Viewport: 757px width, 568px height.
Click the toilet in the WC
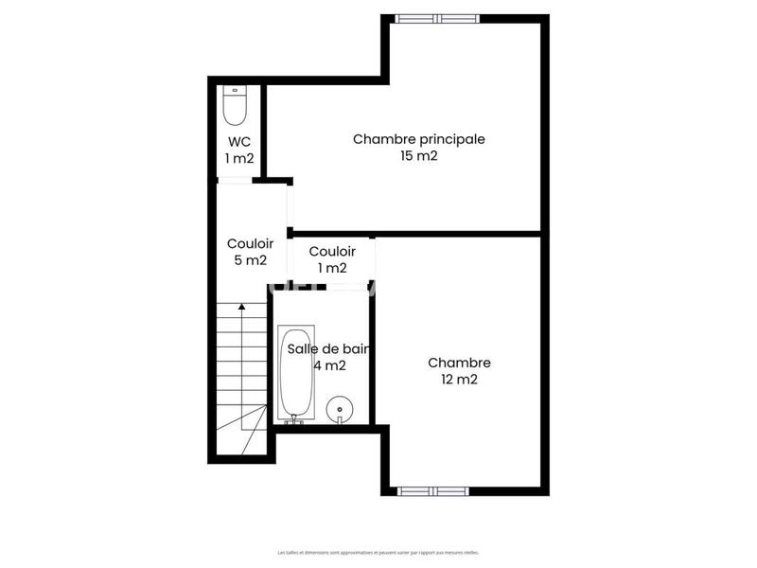(x=235, y=106)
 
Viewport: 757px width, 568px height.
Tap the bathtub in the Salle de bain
(x=295, y=373)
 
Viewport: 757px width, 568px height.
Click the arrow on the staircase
(x=242, y=306)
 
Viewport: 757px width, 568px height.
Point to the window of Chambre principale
(x=436, y=18)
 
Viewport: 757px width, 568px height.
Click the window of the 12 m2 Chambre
(x=431, y=490)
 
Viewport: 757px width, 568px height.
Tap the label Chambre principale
(x=418, y=139)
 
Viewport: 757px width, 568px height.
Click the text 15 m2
(x=418, y=156)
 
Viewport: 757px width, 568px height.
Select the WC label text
(x=238, y=142)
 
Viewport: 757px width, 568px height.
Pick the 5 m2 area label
(x=250, y=260)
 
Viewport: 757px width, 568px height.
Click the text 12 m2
(x=459, y=380)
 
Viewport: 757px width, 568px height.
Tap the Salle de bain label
(x=327, y=348)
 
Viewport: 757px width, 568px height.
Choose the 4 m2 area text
(x=329, y=365)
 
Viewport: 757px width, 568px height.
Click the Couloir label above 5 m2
(x=250, y=243)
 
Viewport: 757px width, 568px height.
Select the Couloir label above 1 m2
(x=332, y=251)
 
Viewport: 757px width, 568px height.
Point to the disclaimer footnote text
(x=378, y=552)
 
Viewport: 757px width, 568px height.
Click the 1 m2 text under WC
(x=238, y=158)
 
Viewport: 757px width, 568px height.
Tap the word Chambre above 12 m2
(x=459, y=363)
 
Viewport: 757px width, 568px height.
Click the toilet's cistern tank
(x=235, y=93)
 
